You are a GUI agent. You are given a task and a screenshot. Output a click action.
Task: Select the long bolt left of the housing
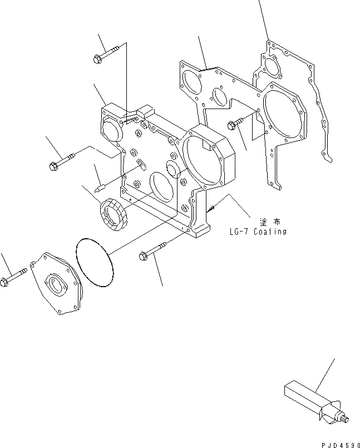coord(65,162)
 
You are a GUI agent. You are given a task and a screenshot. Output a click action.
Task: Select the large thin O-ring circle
coord(93,261)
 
